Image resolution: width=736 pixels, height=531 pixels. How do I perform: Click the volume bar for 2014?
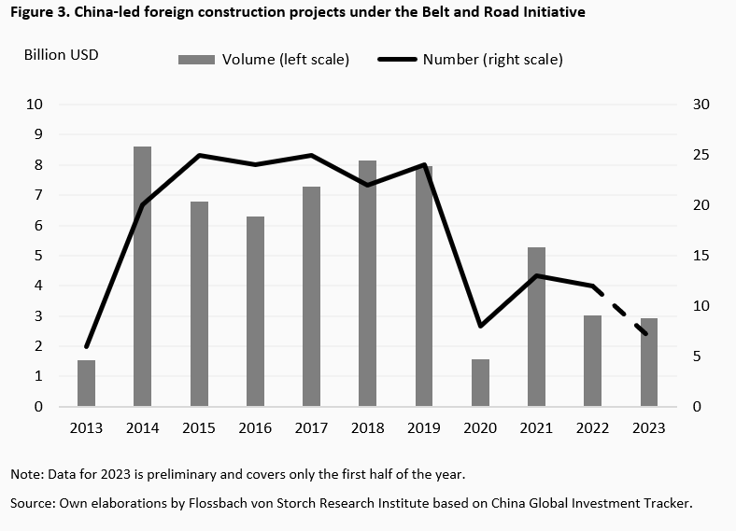click(142, 276)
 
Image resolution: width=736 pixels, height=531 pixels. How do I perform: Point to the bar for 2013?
click(86, 383)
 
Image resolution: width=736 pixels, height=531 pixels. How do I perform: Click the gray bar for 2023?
click(648, 362)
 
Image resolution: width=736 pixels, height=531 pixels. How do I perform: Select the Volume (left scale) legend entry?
click(263, 60)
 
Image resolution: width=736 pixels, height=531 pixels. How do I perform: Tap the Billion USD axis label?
click(61, 54)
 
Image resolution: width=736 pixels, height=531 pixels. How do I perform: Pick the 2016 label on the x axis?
click(255, 428)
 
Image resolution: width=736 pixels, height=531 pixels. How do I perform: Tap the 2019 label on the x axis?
click(424, 428)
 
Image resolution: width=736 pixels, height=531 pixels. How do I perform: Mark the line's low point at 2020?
click(480, 326)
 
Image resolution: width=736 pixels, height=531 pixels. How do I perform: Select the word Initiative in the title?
click(554, 13)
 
